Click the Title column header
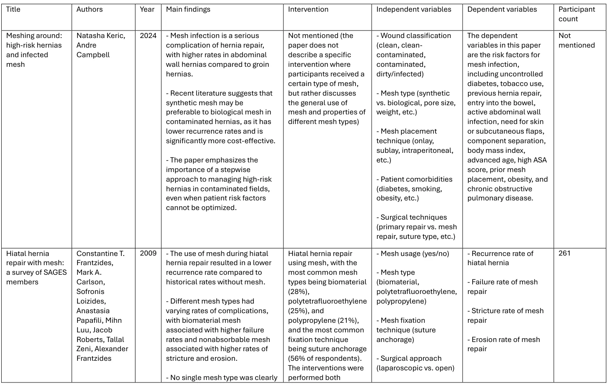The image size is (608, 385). (x=13, y=9)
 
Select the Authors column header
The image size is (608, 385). (x=89, y=9)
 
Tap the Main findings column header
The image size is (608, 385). (x=188, y=9)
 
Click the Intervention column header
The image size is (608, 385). (x=308, y=9)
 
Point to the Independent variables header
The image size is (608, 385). (x=413, y=9)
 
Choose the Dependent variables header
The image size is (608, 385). (x=502, y=9)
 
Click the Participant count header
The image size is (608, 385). (x=576, y=14)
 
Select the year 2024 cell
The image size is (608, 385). (x=148, y=35)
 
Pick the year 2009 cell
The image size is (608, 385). (x=148, y=253)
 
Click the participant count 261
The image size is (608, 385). (x=564, y=253)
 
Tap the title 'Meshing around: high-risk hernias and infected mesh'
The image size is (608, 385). (x=33, y=50)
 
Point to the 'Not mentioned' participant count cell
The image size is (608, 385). (x=576, y=41)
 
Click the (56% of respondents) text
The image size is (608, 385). (x=327, y=358)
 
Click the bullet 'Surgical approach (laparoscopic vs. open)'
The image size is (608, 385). (x=415, y=363)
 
